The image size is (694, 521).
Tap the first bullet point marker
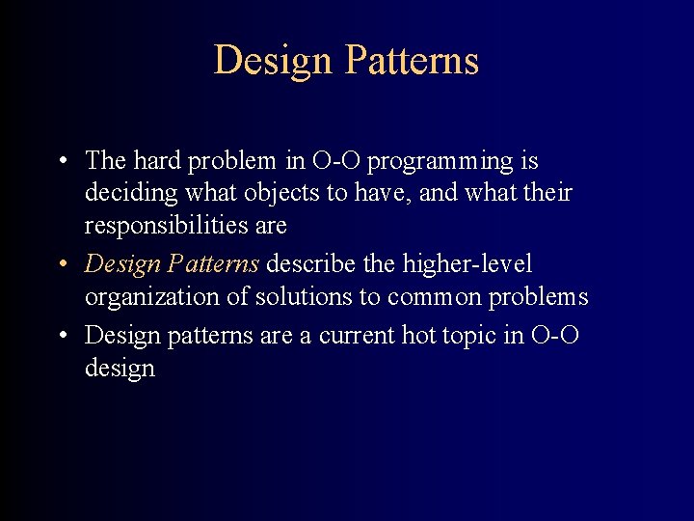click(61, 160)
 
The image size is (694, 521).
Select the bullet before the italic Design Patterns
click(61, 264)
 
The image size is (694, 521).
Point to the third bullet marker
click(61, 336)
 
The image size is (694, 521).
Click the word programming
click(440, 160)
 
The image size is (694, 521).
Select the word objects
click(280, 193)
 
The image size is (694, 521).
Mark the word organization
click(152, 297)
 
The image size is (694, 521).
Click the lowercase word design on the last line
click(120, 369)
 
